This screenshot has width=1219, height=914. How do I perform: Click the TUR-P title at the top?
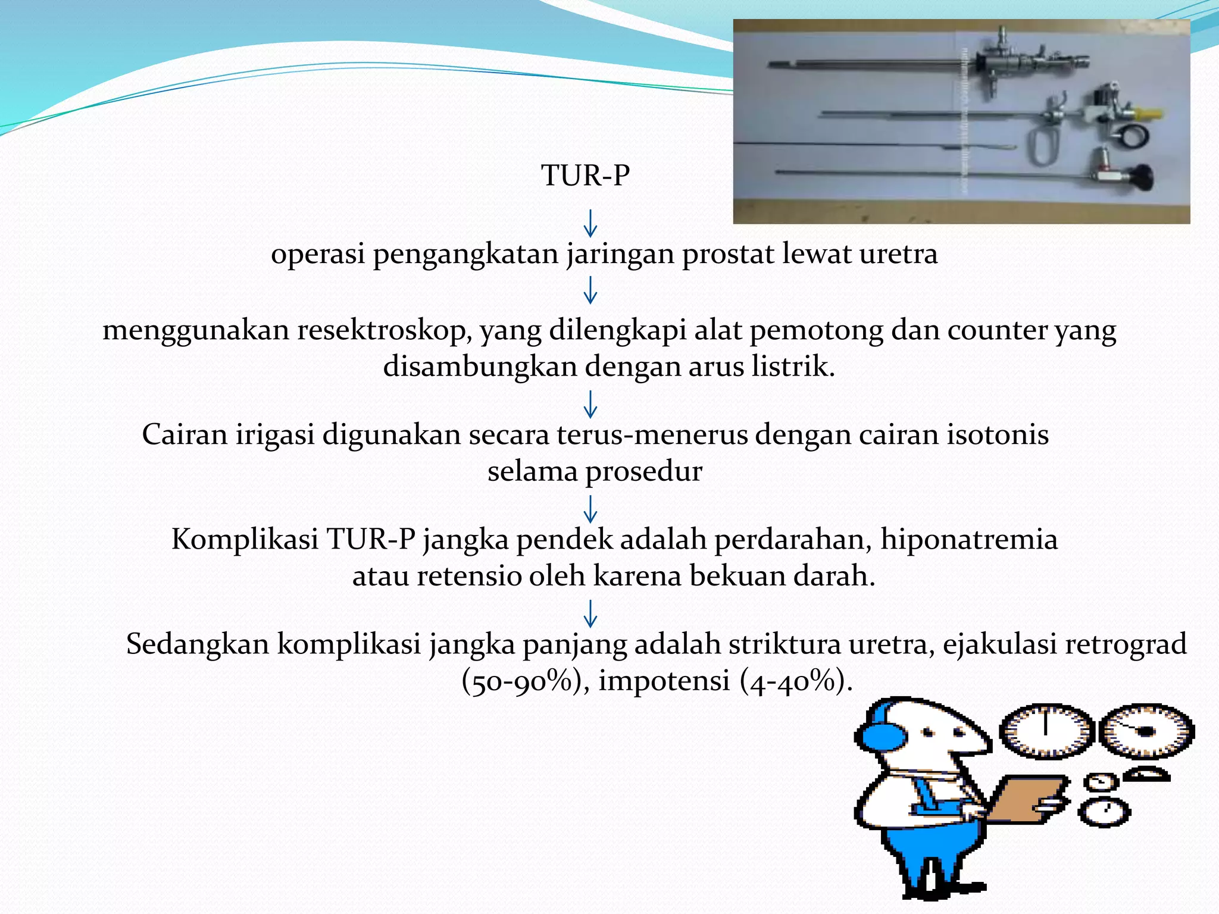click(585, 176)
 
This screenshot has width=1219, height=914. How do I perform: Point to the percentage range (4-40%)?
click(792, 681)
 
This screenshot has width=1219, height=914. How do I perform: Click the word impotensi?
click(664, 681)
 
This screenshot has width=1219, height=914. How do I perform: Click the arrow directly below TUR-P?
click(590, 223)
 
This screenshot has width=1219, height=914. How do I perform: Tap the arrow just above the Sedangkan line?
click(590, 613)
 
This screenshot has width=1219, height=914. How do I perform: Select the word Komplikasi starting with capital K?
click(245, 539)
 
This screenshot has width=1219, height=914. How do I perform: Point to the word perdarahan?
click(792, 539)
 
